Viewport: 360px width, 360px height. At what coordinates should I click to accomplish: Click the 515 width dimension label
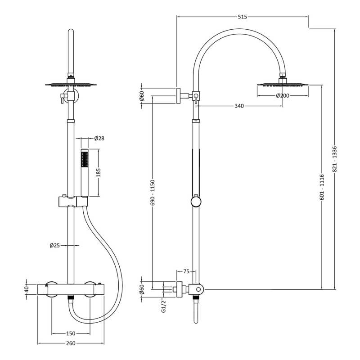point(242,17)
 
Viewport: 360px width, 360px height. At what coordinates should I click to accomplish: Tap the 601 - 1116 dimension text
point(322,187)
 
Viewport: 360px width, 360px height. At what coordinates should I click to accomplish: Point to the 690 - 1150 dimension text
point(153,193)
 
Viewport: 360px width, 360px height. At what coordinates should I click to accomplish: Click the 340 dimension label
point(239,106)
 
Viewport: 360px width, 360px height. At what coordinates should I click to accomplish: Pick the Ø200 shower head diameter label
point(282,95)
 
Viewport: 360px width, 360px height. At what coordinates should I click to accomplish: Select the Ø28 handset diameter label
point(99,138)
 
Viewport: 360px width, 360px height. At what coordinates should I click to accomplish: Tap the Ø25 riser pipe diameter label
point(55,245)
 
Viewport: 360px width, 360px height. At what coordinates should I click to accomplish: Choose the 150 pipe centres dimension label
point(71,333)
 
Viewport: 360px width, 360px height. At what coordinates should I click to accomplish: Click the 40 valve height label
point(27,288)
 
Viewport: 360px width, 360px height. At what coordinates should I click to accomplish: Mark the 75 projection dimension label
point(186,271)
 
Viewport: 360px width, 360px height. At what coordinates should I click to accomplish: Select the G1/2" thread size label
point(164,306)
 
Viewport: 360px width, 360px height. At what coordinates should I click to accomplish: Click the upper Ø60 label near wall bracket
point(142,95)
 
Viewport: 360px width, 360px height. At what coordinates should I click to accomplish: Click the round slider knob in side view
point(196,201)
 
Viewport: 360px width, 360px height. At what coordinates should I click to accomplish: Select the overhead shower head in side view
point(283,84)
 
